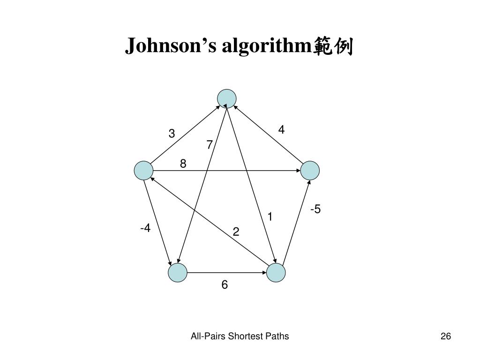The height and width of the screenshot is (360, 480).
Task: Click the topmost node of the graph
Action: point(227,98)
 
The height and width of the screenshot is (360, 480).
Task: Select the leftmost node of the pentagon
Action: point(143,171)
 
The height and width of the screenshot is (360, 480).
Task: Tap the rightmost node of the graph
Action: point(310,171)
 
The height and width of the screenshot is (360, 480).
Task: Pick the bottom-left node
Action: point(177,273)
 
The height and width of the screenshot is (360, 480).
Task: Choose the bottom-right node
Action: point(276,273)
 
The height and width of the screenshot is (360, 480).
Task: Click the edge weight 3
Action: point(172,134)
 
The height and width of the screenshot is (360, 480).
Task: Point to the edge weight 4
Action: point(281,130)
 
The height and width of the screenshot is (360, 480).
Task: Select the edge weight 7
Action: point(210,145)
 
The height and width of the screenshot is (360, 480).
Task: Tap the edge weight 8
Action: point(183,164)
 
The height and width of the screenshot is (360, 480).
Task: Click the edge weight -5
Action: point(315,209)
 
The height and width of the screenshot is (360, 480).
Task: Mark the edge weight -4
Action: point(145,228)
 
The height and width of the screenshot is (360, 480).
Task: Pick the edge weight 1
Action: point(270,217)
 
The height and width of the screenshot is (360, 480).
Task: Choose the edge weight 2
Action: point(236,232)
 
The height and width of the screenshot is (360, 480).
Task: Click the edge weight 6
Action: point(225,285)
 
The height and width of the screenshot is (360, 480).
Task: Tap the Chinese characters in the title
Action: point(333,47)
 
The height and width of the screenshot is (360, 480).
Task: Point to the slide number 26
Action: point(445,336)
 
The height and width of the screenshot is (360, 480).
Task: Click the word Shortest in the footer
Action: point(243,336)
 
